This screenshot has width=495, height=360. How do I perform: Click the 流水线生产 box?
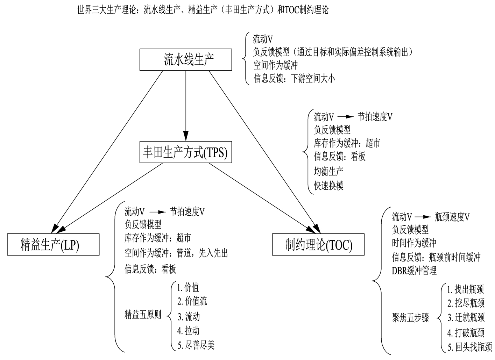click(185, 60)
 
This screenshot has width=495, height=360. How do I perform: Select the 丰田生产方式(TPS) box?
click(185, 152)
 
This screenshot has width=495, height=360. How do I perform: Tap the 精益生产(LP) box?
click(53, 245)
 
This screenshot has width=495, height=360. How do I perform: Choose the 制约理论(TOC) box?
click(318, 245)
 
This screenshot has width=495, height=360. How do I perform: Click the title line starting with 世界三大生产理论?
click(203, 9)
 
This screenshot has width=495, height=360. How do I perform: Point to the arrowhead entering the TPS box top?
click(186, 136)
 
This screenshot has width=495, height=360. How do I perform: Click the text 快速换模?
click(328, 186)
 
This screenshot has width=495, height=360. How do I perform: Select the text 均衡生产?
click(328, 171)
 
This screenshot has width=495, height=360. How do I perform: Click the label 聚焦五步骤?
click(410, 318)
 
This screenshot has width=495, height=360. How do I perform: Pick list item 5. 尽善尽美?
click(196, 345)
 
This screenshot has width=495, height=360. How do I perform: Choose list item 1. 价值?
click(188, 287)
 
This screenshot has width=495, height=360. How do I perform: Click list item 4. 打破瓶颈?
click(466, 332)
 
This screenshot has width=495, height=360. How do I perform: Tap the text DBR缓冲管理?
click(414, 271)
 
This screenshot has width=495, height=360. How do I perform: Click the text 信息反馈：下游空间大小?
click(294, 78)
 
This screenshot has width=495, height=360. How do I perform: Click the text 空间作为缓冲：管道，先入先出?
click(176, 253)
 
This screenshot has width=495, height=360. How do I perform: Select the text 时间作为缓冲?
click(414, 243)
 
